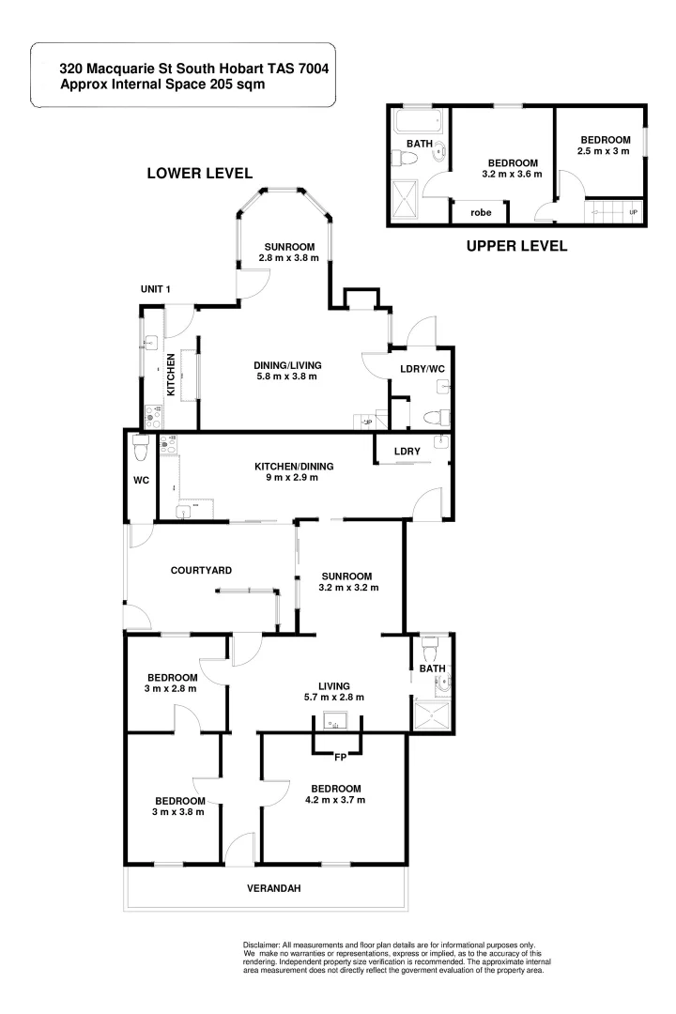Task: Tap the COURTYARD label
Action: [x=201, y=570]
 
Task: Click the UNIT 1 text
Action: [x=155, y=288]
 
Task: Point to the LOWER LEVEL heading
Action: [x=199, y=173]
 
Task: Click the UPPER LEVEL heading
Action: [x=516, y=247]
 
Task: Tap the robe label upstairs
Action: [x=480, y=212]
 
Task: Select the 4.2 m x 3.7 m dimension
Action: [x=335, y=800]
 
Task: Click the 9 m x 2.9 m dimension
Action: [x=295, y=477]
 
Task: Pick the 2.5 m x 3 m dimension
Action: [x=604, y=151]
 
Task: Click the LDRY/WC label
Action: [x=421, y=369]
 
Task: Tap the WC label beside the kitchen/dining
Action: [x=141, y=481]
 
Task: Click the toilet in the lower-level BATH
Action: [x=431, y=648]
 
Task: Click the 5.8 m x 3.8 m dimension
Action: [x=287, y=376]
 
